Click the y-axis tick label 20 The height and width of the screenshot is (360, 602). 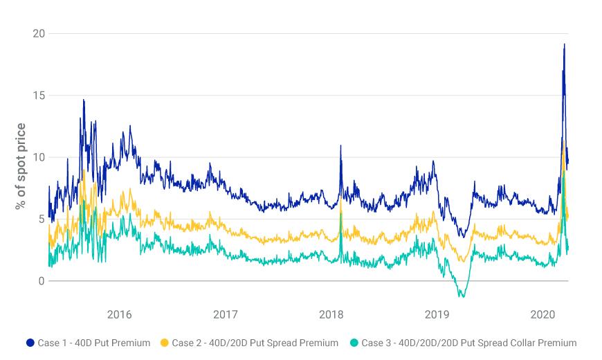pos(39,33)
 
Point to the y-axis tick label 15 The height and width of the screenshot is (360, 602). pos(39,96)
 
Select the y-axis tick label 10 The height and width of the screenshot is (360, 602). pos(39,157)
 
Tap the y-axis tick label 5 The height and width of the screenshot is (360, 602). pos(42,219)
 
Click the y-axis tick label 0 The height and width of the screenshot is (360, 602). pos(42,281)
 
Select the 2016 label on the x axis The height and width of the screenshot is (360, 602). pos(119,315)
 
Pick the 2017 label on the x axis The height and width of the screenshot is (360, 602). pos(225,315)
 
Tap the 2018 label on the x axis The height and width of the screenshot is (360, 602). pos(331,315)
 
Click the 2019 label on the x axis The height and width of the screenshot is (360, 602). pos(437,315)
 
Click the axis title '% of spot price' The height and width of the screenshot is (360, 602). pos(21,167)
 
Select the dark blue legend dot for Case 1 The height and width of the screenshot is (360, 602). pos(30,343)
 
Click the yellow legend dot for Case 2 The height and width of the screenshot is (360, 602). pos(165,343)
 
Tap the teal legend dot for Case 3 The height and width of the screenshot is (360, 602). pos(354,343)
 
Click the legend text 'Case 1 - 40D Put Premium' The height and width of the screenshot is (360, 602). pos(95,343)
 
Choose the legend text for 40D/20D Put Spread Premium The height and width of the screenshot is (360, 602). pos(255,343)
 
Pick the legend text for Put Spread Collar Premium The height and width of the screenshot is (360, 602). pos(468,343)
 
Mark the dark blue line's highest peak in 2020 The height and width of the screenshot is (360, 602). pos(564,44)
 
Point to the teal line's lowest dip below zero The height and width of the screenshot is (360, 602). pos(462,297)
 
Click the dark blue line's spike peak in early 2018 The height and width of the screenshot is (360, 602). pos(340,146)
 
